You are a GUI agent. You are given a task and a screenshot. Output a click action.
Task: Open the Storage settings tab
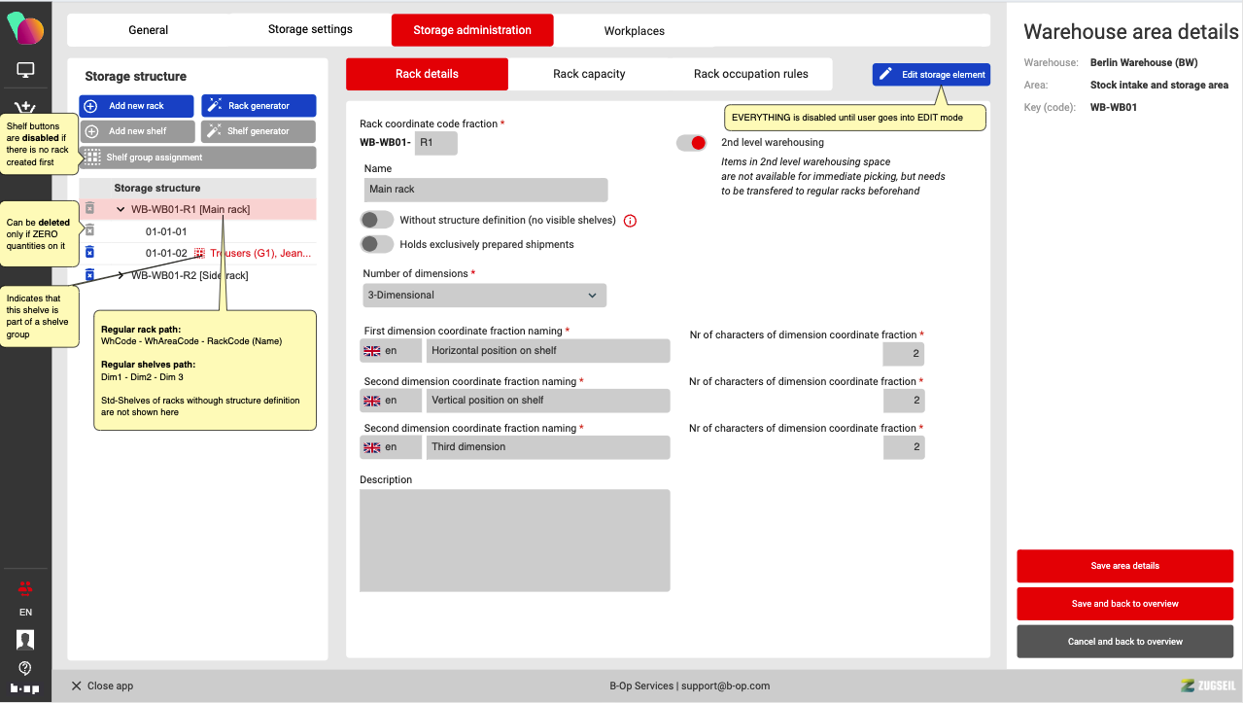pyautogui.click(x=310, y=29)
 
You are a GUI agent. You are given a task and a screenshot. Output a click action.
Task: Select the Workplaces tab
pyautogui.click(x=634, y=31)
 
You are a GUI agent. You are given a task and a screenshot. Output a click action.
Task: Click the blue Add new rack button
pyautogui.click(x=136, y=106)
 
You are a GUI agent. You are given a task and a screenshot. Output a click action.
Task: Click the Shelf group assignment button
pyautogui.click(x=198, y=158)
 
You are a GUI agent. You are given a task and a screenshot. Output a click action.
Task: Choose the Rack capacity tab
pyautogui.click(x=589, y=74)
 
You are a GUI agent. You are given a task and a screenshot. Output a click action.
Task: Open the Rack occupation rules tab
pyautogui.click(x=750, y=74)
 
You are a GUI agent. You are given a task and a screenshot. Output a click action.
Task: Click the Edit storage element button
pyautogui.click(x=931, y=75)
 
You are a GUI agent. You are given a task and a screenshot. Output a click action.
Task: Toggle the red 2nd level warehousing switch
pyautogui.click(x=692, y=143)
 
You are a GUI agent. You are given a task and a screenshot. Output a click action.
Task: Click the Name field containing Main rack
pyautogui.click(x=486, y=190)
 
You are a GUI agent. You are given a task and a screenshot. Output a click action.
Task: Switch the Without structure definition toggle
pyautogui.click(x=377, y=221)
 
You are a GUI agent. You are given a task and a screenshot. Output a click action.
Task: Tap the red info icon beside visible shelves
pyautogui.click(x=630, y=221)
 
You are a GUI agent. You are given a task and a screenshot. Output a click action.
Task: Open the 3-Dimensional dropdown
pyautogui.click(x=484, y=296)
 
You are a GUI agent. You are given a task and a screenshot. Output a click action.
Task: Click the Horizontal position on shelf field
pyautogui.click(x=548, y=351)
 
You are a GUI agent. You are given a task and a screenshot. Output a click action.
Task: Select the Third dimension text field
pyautogui.click(x=548, y=447)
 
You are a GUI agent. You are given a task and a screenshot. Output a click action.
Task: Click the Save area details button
pyautogui.click(x=1124, y=566)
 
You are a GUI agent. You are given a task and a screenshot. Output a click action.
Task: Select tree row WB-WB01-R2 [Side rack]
pyautogui.click(x=190, y=276)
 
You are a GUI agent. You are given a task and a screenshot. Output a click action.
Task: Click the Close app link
pyautogui.click(x=102, y=686)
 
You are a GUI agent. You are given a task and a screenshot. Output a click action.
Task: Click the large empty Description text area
pyautogui.click(x=514, y=540)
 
